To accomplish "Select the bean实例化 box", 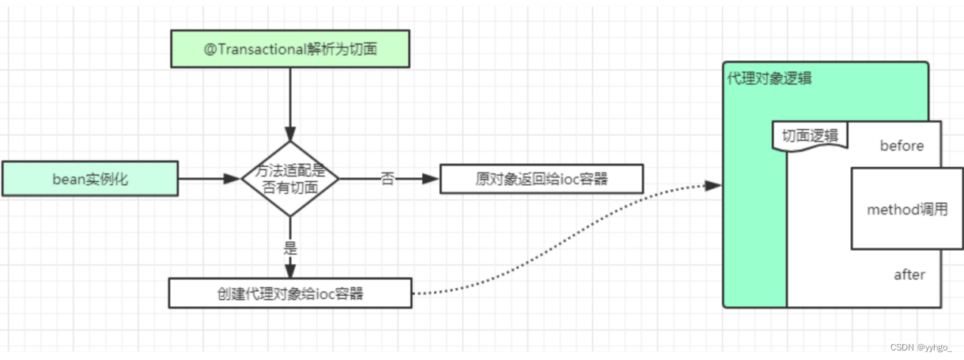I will point(90,180).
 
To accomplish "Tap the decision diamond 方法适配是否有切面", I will point(289,180).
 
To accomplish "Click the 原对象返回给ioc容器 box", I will point(542,180).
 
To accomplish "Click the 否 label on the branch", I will point(387,180).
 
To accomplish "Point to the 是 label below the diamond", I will point(289,246).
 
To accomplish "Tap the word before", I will point(902,146).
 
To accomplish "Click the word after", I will point(909,275).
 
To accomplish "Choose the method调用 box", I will point(906,210).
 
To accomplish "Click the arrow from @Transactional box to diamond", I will point(289,103).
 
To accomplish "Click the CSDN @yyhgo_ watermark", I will point(921,347).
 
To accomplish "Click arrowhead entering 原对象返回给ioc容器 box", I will point(431,180).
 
